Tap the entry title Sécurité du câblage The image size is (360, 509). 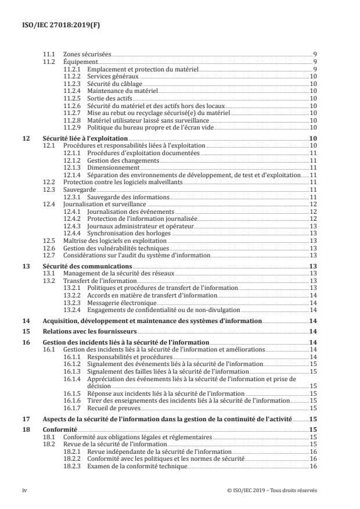(x=111, y=83)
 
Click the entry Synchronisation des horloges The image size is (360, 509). (x=121, y=233)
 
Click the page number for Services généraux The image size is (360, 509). (x=312, y=76)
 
